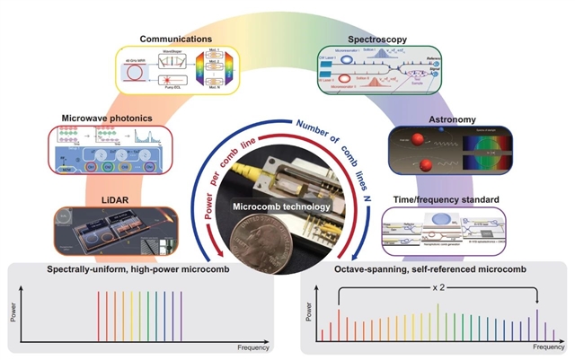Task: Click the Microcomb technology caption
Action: tap(279, 207)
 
